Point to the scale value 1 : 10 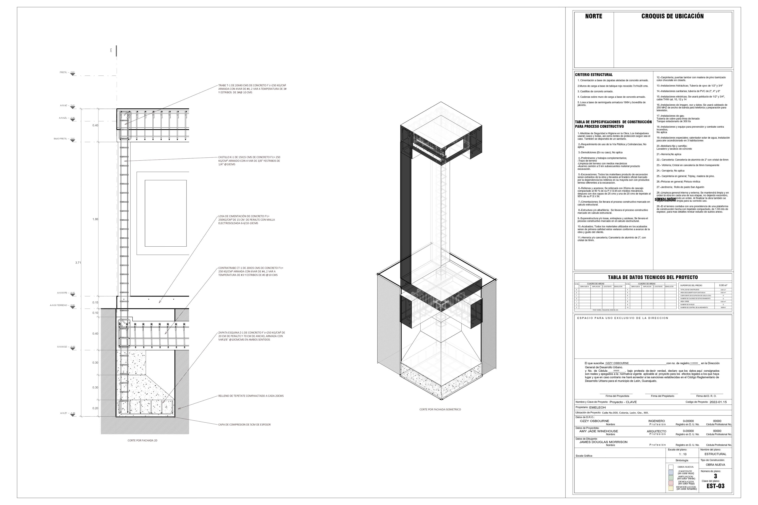tap(683, 454)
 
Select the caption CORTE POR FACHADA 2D tap(142, 440)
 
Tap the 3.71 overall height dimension tap(78, 263)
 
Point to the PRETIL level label tap(64, 73)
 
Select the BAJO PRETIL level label tap(61, 139)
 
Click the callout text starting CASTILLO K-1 tap(249, 161)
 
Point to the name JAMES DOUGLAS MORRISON tap(603, 442)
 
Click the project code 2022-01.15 tap(718, 402)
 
